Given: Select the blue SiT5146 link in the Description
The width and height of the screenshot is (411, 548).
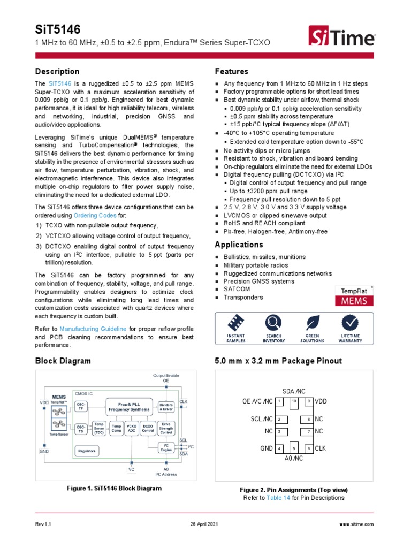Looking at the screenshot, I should (x=60, y=84).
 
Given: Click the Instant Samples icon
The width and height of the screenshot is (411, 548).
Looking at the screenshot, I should (x=235, y=323).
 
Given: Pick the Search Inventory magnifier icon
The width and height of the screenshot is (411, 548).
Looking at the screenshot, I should (x=273, y=323).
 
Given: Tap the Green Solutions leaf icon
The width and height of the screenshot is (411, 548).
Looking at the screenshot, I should (x=312, y=323).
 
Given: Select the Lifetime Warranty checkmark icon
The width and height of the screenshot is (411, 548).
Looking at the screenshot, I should (x=351, y=323).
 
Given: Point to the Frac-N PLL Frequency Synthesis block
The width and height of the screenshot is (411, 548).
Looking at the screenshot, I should (x=128, y=407).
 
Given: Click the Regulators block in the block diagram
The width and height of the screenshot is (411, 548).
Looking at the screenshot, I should (x=87, y=451).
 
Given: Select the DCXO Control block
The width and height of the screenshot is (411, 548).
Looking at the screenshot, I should (x=148, y=428).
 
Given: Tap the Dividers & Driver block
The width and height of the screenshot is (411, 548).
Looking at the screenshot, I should (x=166, y=407).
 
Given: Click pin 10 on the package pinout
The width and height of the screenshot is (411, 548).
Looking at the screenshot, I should (x=294, y=401).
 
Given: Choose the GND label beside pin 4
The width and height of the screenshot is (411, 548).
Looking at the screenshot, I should (x=267, y=448).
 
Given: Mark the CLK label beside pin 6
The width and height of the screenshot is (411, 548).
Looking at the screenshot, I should (x=321, y=448).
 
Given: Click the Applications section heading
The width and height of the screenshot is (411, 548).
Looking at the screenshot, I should (x=239, y=245).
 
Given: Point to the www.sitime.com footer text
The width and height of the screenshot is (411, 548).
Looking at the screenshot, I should (x=356, y=524).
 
